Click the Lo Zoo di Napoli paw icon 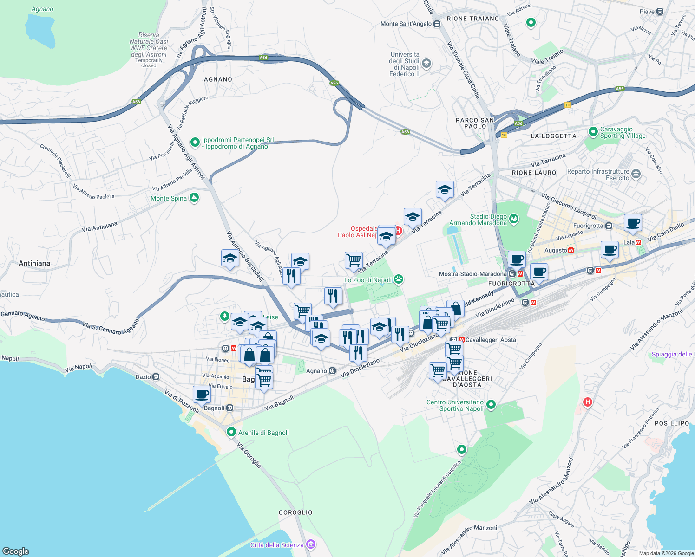[x=398, y=279]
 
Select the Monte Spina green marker [x=194, y=198]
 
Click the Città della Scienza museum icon [x=311, y=544]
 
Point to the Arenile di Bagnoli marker [x=231, y=432]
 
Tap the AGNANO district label [x=218, y=79]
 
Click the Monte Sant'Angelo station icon [x=437, y=24]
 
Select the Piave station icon [x=660, y=12]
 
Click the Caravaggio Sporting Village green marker [x=593, y=132]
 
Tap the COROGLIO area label [x=295, y=512]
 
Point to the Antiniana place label [x=34, y=263]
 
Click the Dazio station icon [x=156, y=377]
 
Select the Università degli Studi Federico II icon [x=426, y=64]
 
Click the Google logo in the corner [x=16, y=551]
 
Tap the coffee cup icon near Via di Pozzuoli [x=202, y=395]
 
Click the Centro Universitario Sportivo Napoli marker [x=491, y=405]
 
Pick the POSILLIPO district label [x=672, y=423]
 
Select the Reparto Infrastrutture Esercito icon [x=636, y=175]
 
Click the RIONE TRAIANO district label [x=472, y=19]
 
